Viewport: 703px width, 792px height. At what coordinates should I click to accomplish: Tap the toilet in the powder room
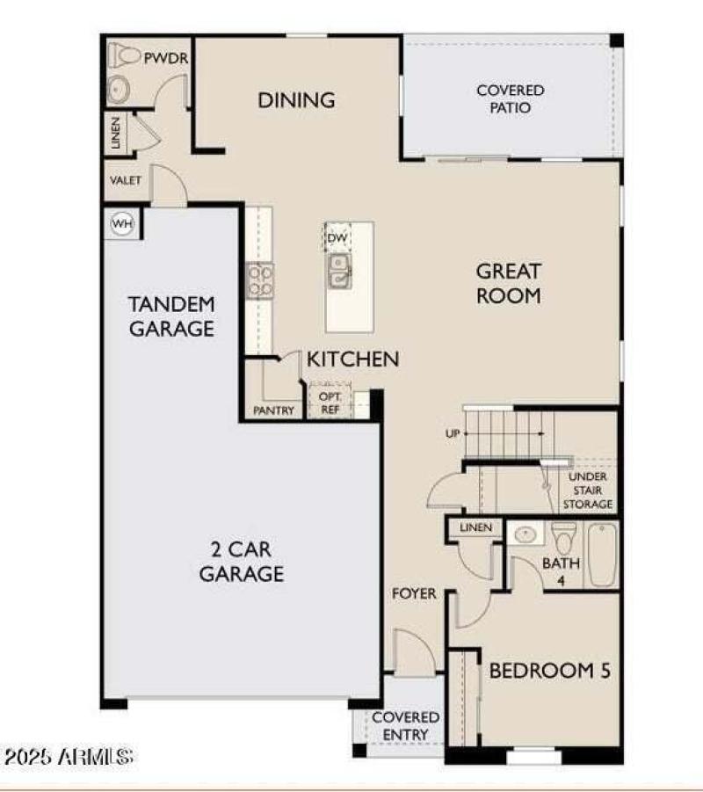coord(125,56)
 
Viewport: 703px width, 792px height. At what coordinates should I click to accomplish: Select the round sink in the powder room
coord(118,88)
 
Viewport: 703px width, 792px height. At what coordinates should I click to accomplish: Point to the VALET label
coord(126,180)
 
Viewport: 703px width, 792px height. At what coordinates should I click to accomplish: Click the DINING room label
coord(296,100)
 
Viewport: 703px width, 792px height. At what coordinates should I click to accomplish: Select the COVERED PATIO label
coord(510,98)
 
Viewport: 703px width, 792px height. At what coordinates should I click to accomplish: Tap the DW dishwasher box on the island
coord(337,238)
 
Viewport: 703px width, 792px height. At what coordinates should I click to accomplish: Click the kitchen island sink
coord(338,270)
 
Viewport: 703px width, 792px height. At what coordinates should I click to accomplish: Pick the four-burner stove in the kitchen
coord(259,280)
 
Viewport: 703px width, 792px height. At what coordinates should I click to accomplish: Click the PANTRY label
coord(273,411)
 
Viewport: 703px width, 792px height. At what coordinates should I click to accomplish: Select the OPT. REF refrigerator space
coord(329,403)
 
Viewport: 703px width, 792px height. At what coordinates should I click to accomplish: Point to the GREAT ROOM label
coord(508,283)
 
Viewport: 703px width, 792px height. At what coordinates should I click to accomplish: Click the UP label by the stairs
coord(453,433)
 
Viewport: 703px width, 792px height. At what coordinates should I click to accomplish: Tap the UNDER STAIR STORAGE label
coord(587,490)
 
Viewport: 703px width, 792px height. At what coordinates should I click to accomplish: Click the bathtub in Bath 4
coord(603,555)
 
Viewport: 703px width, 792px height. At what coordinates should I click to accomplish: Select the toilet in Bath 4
coord(563,538)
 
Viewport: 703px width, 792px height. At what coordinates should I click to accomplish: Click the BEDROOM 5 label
coord(549,671)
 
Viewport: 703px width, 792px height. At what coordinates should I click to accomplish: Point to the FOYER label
coord(414,594)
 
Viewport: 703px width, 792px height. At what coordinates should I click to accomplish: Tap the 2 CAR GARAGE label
coord(241,563)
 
